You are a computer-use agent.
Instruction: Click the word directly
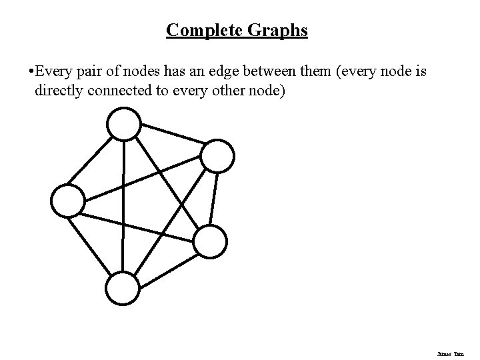(x=59, y=90)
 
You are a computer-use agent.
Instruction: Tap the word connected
(x=121, y=90)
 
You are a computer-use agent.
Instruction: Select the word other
(x=226, y=90)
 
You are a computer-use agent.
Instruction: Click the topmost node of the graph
(x=124, y=125)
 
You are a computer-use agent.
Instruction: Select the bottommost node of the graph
(x=123, y=289)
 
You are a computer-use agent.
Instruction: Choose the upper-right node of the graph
(x=217, y=155)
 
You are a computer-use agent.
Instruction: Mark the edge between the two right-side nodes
(x=213, y=199)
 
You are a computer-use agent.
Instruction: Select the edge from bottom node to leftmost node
(x=95, y=243)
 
